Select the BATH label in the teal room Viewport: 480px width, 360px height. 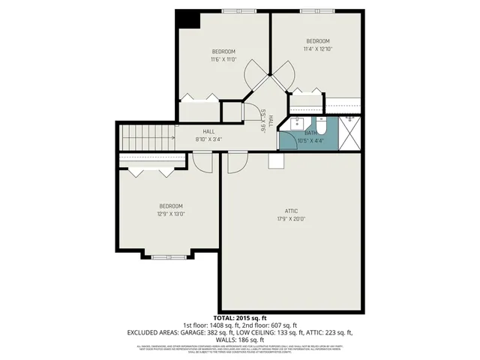point(310,133)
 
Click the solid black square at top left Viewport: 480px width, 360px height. point(188,19)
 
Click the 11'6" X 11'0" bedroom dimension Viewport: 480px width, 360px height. point(223,58)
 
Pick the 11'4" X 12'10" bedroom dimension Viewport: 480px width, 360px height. point(317,49)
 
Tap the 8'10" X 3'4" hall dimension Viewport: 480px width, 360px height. point(208,139)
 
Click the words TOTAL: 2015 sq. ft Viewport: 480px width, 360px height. point(239,318)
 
